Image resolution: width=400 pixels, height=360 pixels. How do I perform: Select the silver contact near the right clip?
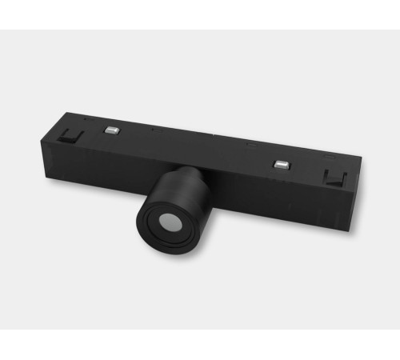(x=281, y=165)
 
